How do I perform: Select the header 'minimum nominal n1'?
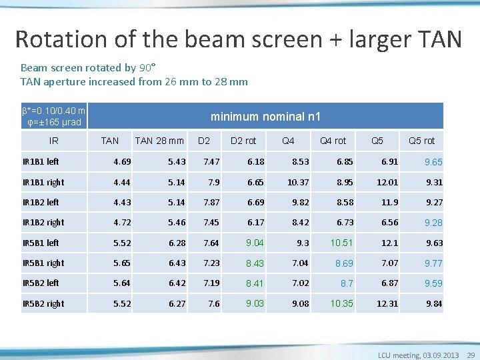tap(265, 117)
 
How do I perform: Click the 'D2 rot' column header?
tap(243, 141)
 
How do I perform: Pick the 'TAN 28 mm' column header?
tap(159, 141)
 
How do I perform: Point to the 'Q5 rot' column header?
tap(421, 141)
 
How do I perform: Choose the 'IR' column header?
tap(54, 141)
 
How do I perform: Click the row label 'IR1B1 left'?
tap(41, 161)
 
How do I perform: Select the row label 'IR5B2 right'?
tap(43, 303)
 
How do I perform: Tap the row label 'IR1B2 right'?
tap(43, 222)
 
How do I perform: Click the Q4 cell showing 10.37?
tap(298, 182)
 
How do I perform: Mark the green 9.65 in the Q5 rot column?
tap(433, 162)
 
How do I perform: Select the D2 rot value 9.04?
tap(255, 243)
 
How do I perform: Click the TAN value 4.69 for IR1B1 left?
tap(122, 161)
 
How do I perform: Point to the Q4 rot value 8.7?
tap(347, 283)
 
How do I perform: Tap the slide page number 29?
tap(471, 355)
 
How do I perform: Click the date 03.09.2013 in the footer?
tap(439, 355)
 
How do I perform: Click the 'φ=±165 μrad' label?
tap(53, 122)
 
